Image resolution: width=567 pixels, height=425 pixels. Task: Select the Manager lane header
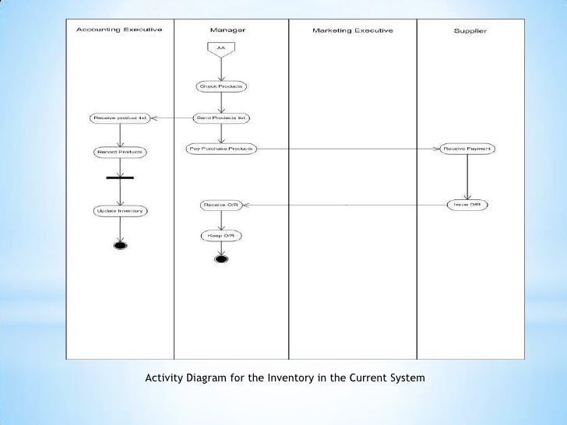click(227, 30)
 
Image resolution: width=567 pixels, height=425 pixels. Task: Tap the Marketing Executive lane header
click(353, 30)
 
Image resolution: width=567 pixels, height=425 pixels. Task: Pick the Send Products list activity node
click(221, 118)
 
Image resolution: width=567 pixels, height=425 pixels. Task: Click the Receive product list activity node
click(120, 118)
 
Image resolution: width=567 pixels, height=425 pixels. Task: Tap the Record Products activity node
click(120, 151)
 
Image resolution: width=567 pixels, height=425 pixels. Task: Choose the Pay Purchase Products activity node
click(221, 148)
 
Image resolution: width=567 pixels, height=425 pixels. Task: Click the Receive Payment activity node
click(467, 148)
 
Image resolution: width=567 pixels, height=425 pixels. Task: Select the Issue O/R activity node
click(467, 204)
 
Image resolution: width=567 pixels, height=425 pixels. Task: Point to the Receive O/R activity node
click(221, 205)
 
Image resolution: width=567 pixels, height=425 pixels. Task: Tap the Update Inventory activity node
click(120, 210)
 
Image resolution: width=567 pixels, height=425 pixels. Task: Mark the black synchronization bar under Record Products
click(120, 178)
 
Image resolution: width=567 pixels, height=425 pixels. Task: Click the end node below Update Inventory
click(120, 247)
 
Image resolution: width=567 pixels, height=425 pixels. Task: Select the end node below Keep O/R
click(221, 259)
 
